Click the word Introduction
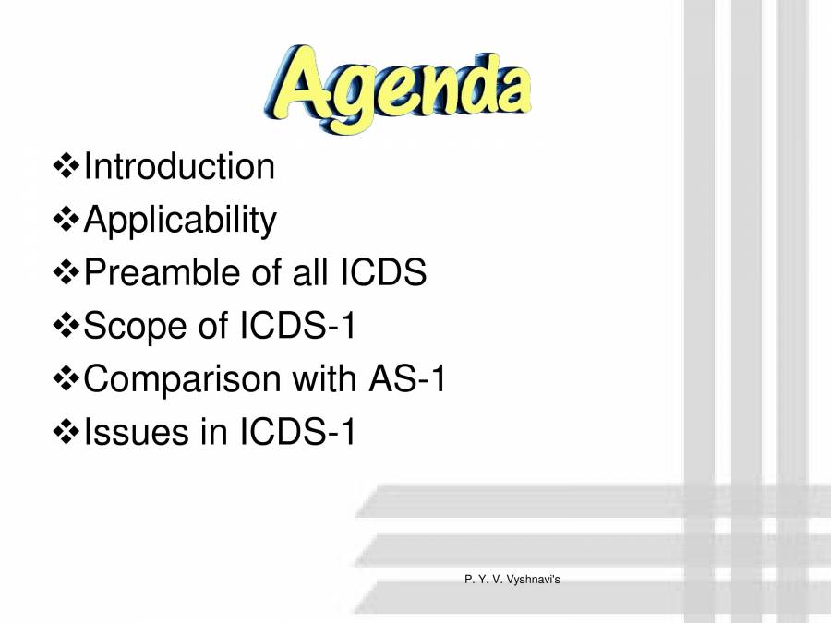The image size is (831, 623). [179, 167]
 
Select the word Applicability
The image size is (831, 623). [180, 221]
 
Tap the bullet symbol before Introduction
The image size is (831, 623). [67, 167]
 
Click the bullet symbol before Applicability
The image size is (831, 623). [67, 221]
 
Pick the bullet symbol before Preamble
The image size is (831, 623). [67, 273]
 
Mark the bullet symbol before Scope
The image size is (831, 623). [67, 326]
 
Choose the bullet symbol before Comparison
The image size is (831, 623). [67, 379]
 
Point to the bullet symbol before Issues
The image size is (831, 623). [67, 432]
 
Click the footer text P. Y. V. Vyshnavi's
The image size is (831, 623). [512, 579]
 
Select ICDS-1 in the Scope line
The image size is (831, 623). [297, 326]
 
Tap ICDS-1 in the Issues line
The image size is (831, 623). [297, 432]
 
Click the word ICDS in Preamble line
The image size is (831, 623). [382, 273]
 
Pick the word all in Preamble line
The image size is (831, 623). [308, 273]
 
